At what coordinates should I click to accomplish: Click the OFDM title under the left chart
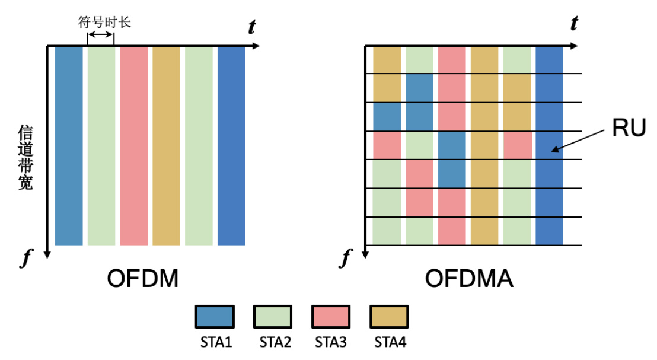pyautogui.click(x=143, y=278)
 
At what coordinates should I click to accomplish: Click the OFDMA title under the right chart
pyautogui.click(x=469, y=278)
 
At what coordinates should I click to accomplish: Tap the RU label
pyautogui.click(x=629, y=128)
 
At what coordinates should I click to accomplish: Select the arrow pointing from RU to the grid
pyautogui.click(x=578, y=141)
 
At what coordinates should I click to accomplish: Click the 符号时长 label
pyautogui.click(x=104, y=22)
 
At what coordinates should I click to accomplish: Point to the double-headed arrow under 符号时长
pyautogui.click(x=101, y=34)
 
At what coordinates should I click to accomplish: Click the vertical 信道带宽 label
pyautogui.click(x=25, y=158)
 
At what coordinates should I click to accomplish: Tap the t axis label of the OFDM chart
pyautogui.click(x=252, y=27)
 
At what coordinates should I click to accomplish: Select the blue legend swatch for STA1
pyautogui.click(x=215, y=317)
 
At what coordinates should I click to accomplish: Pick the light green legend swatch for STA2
pyautogui.click(x=273, y=317)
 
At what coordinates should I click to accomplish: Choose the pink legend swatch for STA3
pyautogui.click(x=331, y=317)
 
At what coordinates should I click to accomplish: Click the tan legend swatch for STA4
pyautogui.click(x=389, y=317)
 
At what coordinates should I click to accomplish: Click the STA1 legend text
pyautogui.click(x=216, y=342)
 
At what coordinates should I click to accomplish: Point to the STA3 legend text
pyautogui.click(x=331, y=342)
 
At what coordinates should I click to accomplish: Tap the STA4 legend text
pyautogui.click(x=390, y=342)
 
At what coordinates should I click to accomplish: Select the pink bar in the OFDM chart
pyautogui.click(x=134, y=146)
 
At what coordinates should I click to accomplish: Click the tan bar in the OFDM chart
pyautogui.click(x=167, y=146)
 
